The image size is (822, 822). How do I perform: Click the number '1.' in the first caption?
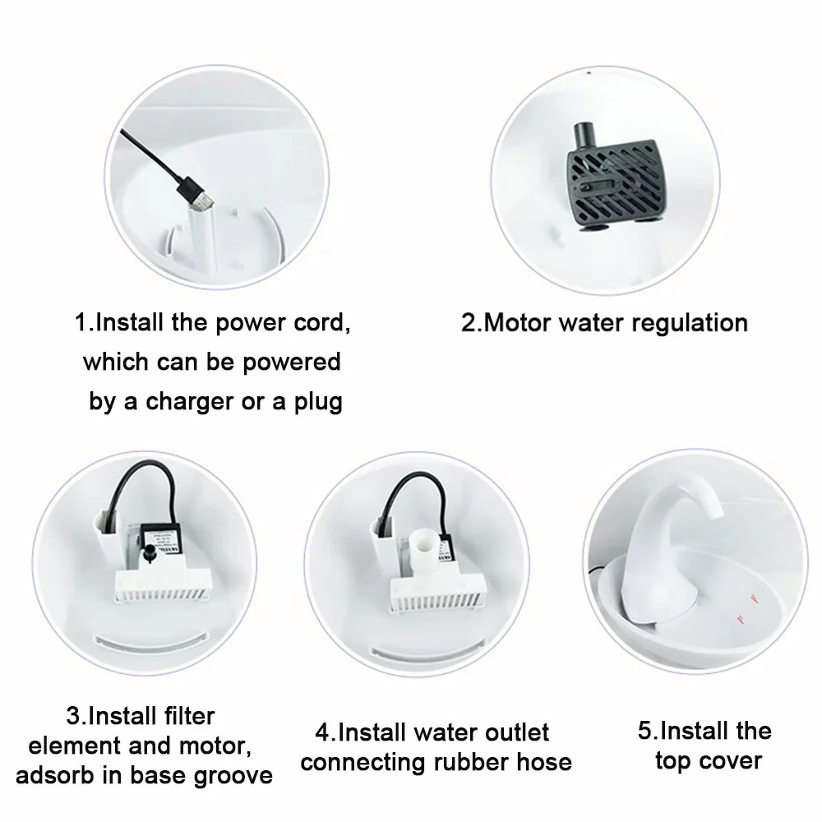pyautogui.click(x=85, y=322)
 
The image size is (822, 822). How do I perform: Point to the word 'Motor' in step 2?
pyautogui.click(x=518, y=322)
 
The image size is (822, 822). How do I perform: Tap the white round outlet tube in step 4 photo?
pyautogui.click(x=425, y=538)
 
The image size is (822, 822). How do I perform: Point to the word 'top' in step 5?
pyautogui.click(x=673, y=760)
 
